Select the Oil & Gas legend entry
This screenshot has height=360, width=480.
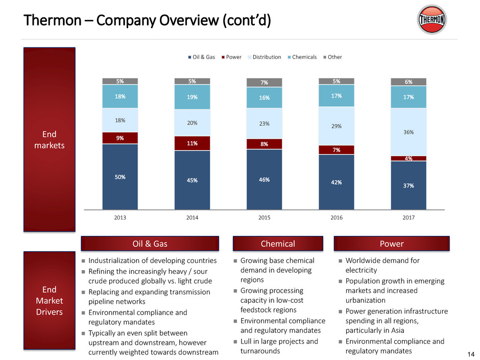point(202,57)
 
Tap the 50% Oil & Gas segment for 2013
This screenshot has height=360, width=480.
point(120,177)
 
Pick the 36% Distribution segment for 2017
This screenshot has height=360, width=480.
point(409,132)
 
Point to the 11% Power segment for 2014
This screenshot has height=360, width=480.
point(192,143)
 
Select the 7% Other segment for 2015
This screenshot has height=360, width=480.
point(264,82)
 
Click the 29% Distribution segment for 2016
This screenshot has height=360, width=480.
point(337,126)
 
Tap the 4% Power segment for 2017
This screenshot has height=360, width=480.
point(409,158)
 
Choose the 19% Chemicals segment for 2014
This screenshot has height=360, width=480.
point(192,97)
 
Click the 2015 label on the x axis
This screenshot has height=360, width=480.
point(264,218)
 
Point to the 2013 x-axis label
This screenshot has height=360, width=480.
point(120,218)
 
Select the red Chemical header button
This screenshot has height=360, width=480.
point(278,244)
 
